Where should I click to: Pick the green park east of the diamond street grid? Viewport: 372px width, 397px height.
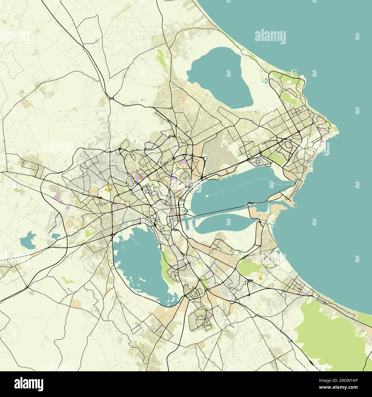pyautogui.click(x=275, y=156)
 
